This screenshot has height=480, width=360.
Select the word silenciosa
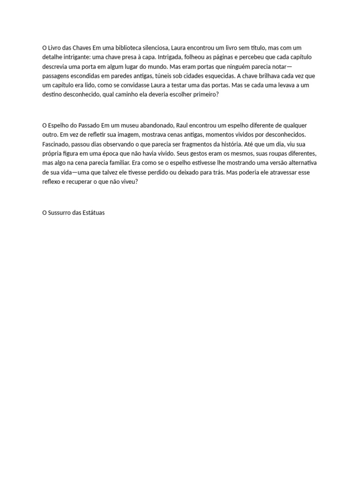coord(154,48)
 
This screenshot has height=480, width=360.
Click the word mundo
coord(164,67)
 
